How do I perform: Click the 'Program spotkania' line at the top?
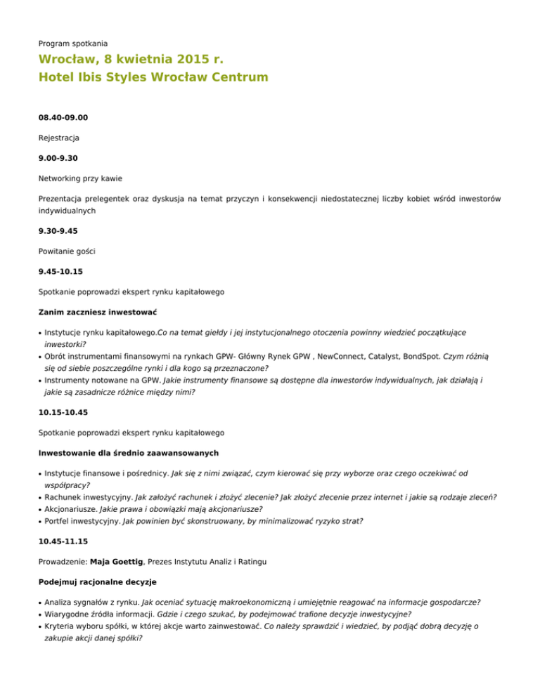pyautogui.click(x=73, y=43)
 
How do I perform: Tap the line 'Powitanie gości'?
pyautogui.click(x=69, y=249)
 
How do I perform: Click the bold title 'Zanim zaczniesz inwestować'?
pyautogui.click(x=97, y=310)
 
